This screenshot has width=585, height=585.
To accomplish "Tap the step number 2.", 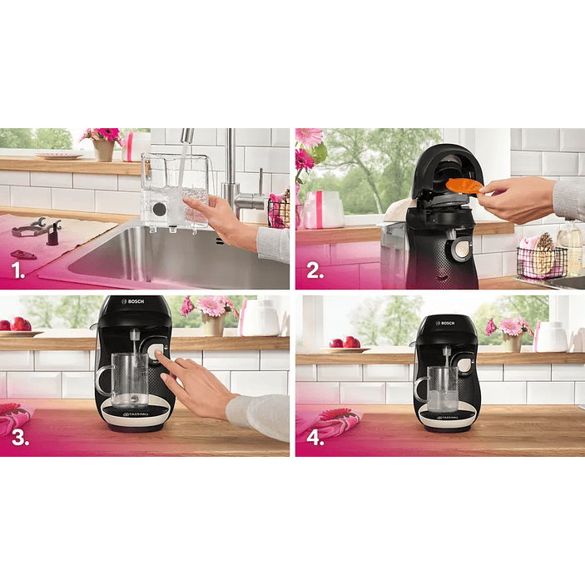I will click(314, 271).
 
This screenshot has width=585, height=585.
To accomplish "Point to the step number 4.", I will click(314, 438).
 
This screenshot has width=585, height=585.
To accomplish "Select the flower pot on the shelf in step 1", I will click(103, 149).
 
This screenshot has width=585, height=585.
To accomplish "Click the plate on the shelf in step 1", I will click(59, 155).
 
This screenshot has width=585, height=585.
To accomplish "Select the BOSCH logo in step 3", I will click(134, 301).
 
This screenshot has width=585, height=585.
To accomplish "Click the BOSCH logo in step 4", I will click(447, 322).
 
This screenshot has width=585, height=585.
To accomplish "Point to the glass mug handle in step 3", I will click(103, 380).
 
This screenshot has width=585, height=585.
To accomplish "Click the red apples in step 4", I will click(345, 342).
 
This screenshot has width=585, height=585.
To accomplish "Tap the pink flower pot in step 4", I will click(512, 342).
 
